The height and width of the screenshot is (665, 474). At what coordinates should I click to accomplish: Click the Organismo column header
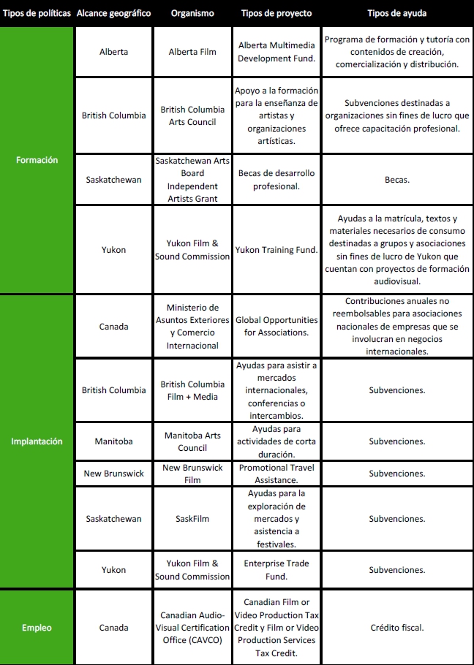coord(192,13)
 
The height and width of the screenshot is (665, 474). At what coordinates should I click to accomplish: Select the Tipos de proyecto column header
coord(276,13)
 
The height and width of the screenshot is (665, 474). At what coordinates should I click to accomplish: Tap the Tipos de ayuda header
coord(397,13)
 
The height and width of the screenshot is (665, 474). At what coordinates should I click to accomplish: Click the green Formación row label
coord(37,160)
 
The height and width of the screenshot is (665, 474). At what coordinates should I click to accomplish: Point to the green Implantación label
coord(37,441)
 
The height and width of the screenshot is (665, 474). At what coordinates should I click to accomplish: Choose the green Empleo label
coord(37,627)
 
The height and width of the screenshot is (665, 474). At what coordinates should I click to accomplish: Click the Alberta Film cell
coord(192,52)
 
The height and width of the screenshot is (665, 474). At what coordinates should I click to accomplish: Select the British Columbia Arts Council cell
coord(192,115)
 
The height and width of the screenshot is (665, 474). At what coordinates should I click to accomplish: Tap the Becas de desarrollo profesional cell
coord(276,180)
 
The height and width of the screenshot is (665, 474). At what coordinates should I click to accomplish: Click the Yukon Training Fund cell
coord(276,250)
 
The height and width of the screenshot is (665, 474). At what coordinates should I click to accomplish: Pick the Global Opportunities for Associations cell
coord(276,326)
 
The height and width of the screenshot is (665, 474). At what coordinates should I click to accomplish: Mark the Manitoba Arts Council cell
coord(192,441)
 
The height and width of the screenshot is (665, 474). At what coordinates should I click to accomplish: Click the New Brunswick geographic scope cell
coord(113,474)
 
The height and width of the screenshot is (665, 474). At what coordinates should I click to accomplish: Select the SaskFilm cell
coord(192,519)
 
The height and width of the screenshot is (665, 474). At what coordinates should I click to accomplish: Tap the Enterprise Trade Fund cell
coord(276,570)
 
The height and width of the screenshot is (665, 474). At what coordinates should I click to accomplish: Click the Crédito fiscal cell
coord(397,627)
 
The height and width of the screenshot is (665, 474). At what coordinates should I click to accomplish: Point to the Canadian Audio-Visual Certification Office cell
coord(192,627)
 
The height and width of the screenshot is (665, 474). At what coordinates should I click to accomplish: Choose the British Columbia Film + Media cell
coord(192,390)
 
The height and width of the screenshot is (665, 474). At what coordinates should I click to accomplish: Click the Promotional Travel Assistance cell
coord(276,474)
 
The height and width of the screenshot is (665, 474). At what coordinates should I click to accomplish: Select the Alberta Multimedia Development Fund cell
coord(276,52)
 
